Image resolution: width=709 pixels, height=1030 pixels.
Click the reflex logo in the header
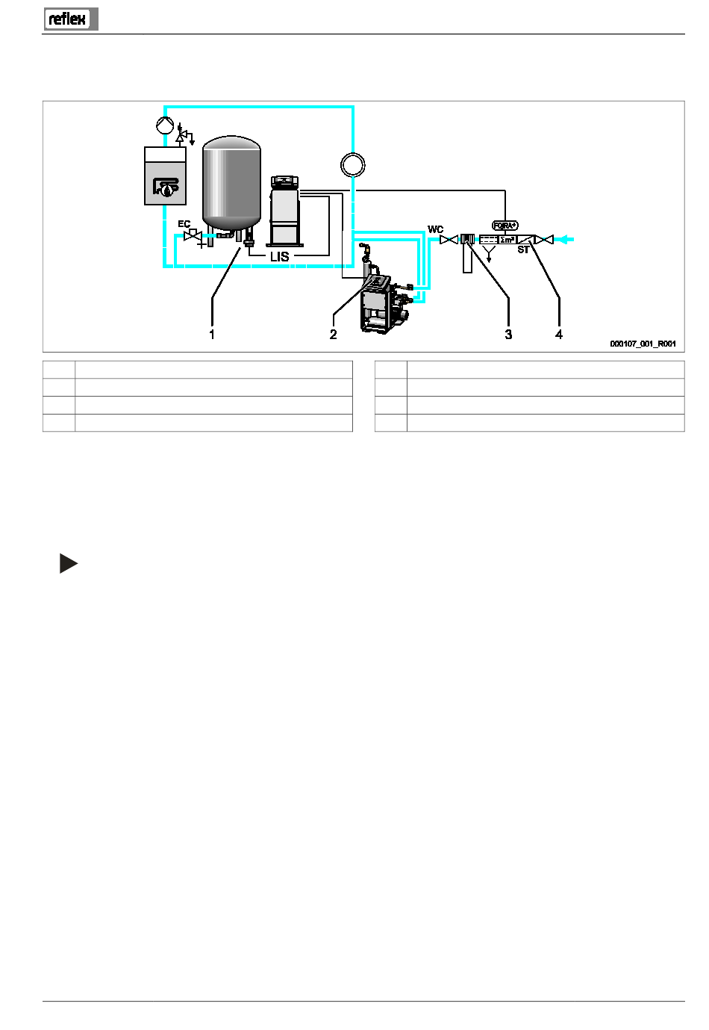(x=71, y=19)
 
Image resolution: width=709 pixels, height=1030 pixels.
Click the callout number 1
(x=212, y=335)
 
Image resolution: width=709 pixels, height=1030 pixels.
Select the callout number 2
(x=333, y=335)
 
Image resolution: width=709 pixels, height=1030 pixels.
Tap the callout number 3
(x=508, y=335)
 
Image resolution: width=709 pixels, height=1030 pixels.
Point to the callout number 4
(x=559, y=335)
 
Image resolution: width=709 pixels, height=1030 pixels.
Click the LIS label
(x=279, y=257)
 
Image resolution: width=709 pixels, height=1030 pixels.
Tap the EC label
(x=184, y=224)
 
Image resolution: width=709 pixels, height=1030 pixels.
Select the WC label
(x=435, y=229)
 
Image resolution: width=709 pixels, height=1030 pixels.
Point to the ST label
(x=523, y=249)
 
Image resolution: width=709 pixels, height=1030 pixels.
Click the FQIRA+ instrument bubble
(x=505, y=226)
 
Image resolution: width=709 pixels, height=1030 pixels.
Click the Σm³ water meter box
(x=507, y=240)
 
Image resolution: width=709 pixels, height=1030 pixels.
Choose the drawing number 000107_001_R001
(x=643, y=344)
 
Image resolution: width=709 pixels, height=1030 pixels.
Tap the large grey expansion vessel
(x=231, y=183)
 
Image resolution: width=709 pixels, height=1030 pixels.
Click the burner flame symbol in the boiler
(x=166, y=187)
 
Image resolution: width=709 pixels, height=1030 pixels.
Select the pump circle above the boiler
(x=165, y=125)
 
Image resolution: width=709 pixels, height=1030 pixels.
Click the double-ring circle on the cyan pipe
(x=353, y=164)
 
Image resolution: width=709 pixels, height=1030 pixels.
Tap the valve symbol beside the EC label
(x=192, y=235)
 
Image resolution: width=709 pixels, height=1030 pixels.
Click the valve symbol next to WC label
(x=449, y=240)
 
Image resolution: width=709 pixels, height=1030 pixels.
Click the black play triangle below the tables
(x=69, y=563)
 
